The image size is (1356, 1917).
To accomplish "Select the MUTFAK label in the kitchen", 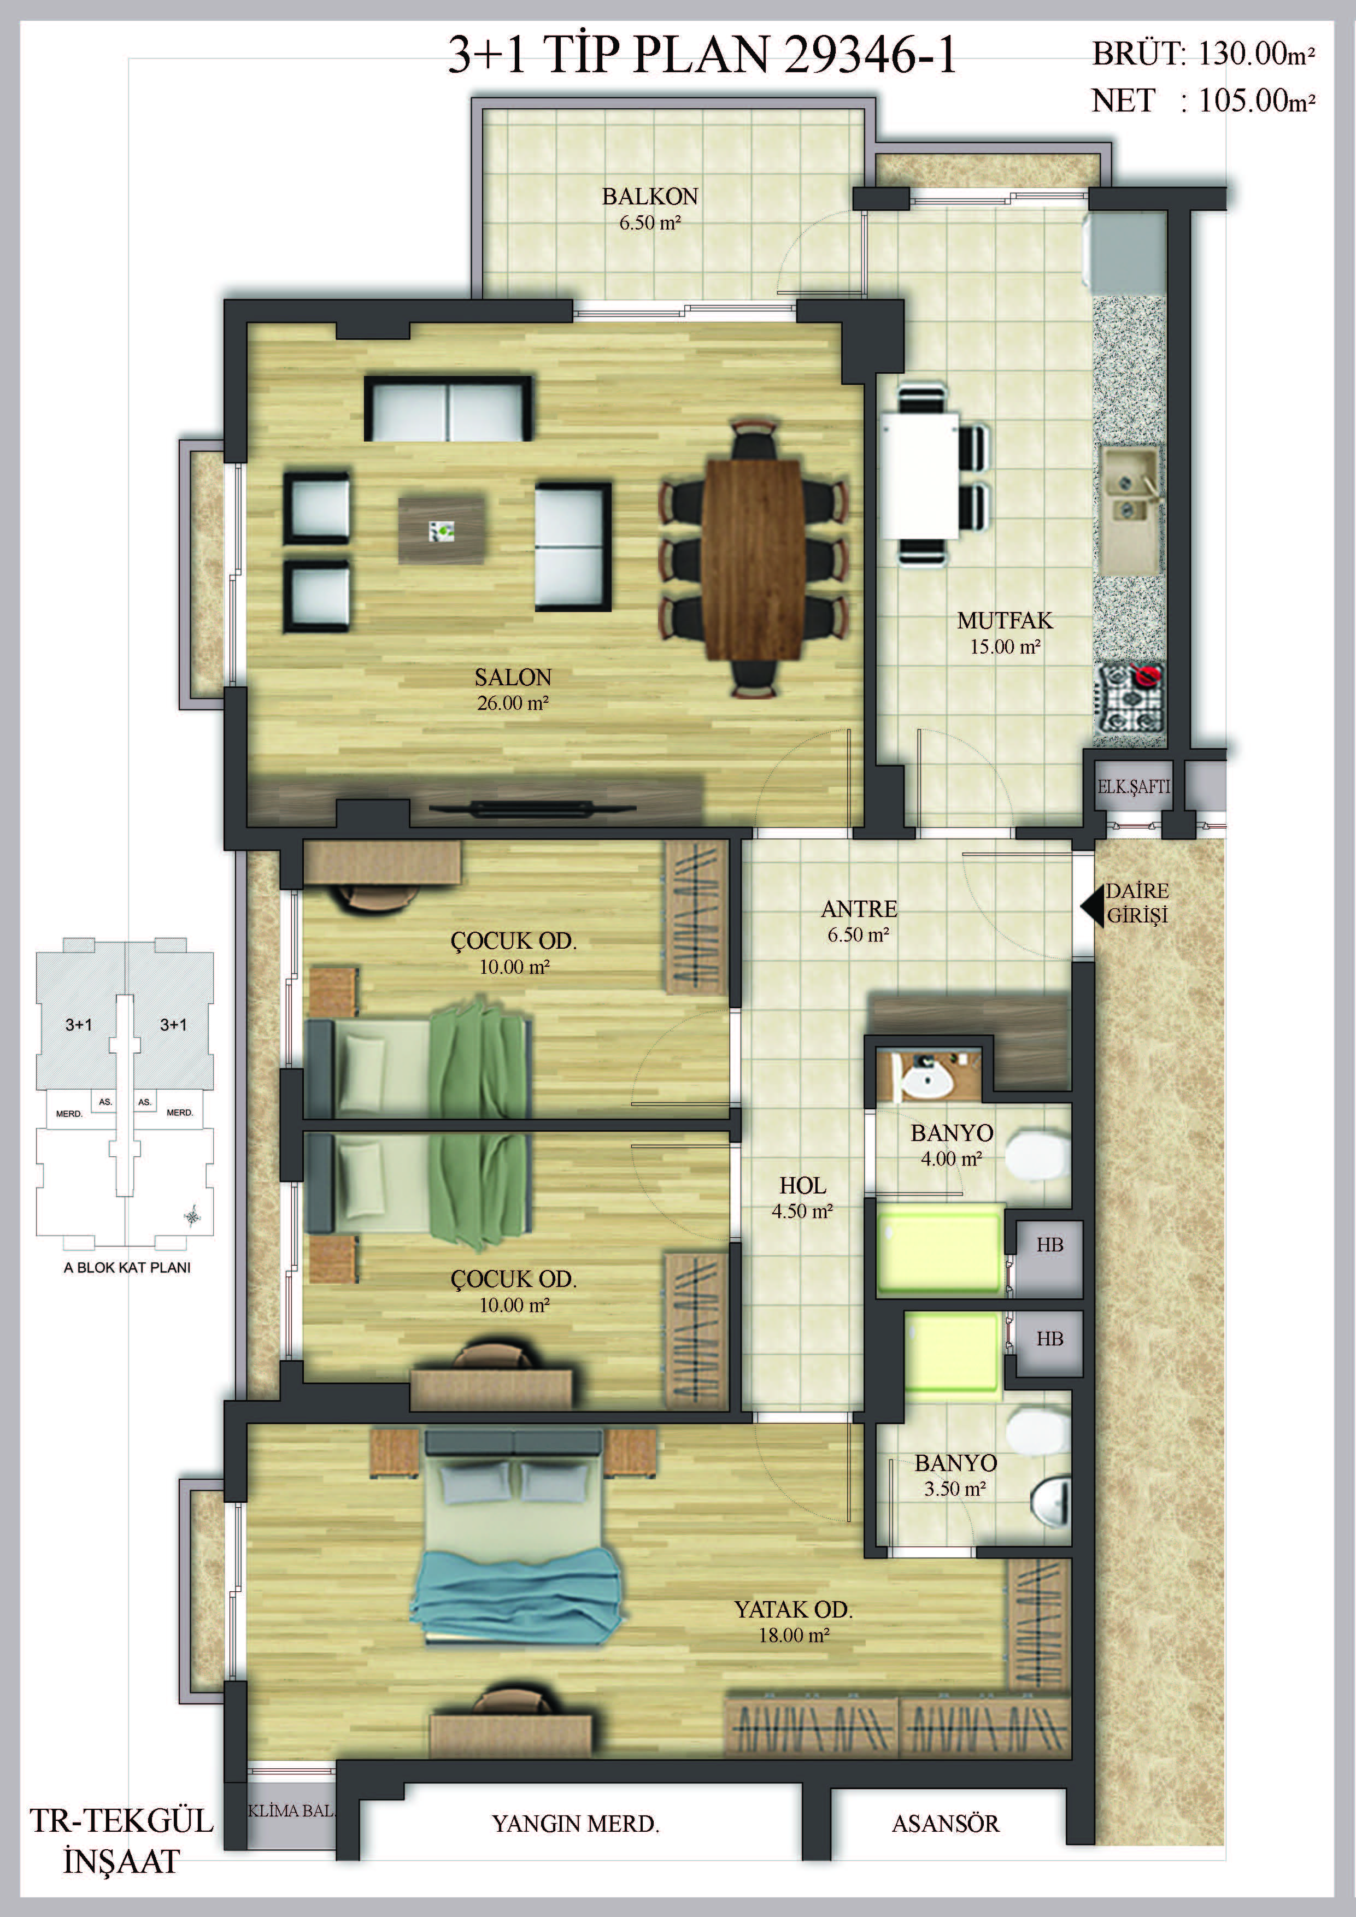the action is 1005,620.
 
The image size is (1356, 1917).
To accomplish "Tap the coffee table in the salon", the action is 442,530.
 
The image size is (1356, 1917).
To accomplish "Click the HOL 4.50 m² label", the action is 802,1198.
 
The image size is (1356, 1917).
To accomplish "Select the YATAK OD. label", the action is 793,1609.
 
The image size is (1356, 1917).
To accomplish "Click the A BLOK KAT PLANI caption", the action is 127,1267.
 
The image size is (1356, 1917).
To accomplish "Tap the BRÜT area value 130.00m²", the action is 1257,54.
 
